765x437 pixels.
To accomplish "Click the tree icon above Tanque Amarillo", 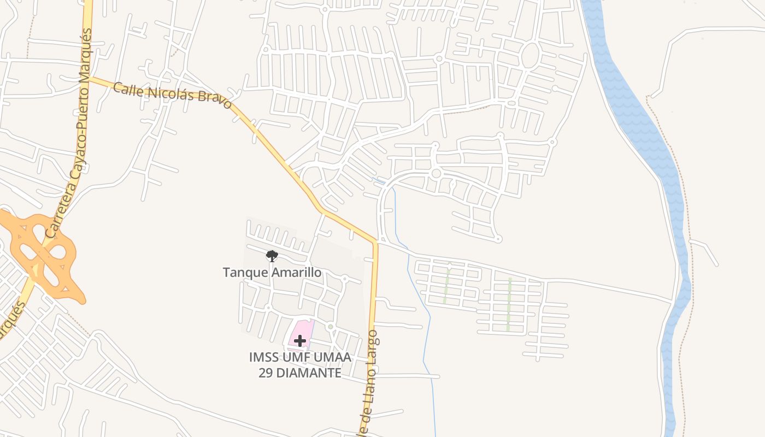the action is pyautogui.click(x=272, y=256).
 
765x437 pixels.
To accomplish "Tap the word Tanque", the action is pyautogui.click(x=242, y=272).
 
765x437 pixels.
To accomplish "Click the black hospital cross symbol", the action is pyautogui.click(x=299, y=341).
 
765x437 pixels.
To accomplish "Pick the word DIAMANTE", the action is pyautogui.click(x=309, y=373).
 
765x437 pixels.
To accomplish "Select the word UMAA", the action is pyautogui.click(x=333, y=358).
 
